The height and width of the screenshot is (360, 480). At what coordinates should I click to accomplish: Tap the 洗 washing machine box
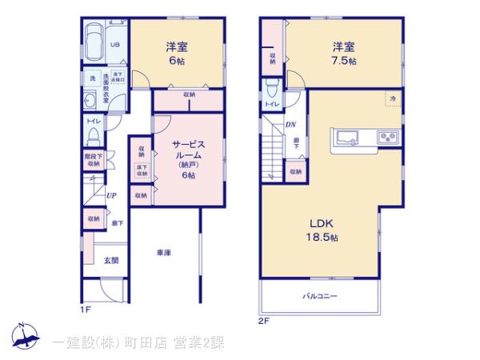click(93, 78)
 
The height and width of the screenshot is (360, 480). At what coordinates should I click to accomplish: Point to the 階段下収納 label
click(93, 159)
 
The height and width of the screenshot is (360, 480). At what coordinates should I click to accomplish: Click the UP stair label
click(111, 194)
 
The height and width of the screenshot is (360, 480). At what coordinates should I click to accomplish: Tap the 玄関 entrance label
click(111, 260)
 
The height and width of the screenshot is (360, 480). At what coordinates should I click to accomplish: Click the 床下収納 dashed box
click(142, 170)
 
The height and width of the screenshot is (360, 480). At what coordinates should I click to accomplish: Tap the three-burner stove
click(390, 136)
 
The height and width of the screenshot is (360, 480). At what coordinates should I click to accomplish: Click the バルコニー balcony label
click(319, 296)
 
